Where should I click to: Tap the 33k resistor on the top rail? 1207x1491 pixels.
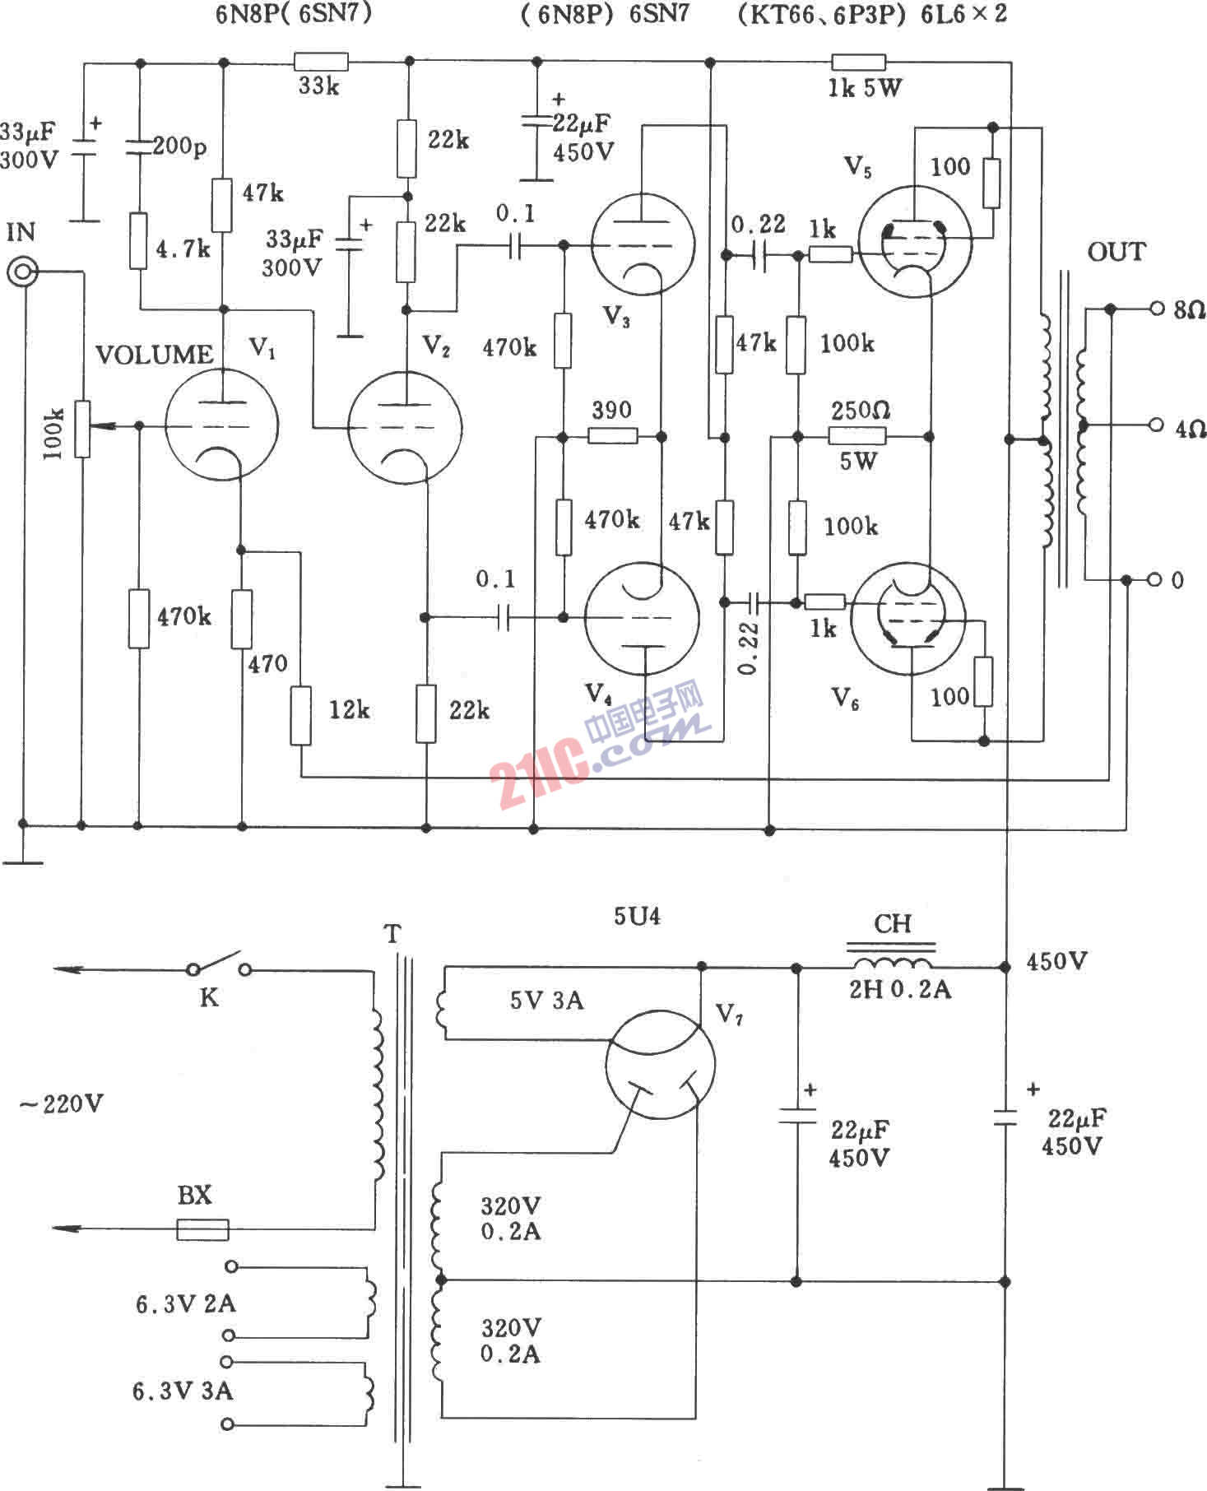321,62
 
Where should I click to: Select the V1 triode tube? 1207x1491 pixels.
221,425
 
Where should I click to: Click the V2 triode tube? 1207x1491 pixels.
405,427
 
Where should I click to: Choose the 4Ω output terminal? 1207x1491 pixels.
1157,425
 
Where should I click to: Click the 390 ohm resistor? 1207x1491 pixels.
613,435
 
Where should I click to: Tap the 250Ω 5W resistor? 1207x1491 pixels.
857,435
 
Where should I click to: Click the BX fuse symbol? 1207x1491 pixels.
202,1229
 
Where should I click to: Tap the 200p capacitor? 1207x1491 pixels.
139,147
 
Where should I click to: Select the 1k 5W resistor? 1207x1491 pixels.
859,62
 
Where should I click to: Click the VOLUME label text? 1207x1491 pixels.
155,355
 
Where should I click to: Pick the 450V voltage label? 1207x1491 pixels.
1057,961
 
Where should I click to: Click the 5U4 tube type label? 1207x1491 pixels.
637,916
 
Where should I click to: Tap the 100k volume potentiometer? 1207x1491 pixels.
81,428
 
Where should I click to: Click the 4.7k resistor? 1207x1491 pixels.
139,241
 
